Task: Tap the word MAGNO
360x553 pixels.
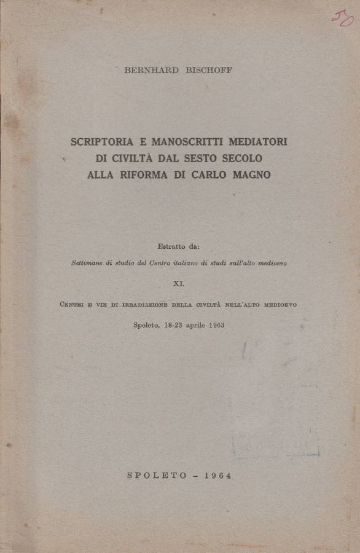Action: tap(251, 175)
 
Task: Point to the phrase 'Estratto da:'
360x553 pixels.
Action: tap(178, 247)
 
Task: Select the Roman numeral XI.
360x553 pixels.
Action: tap(179, 283)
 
